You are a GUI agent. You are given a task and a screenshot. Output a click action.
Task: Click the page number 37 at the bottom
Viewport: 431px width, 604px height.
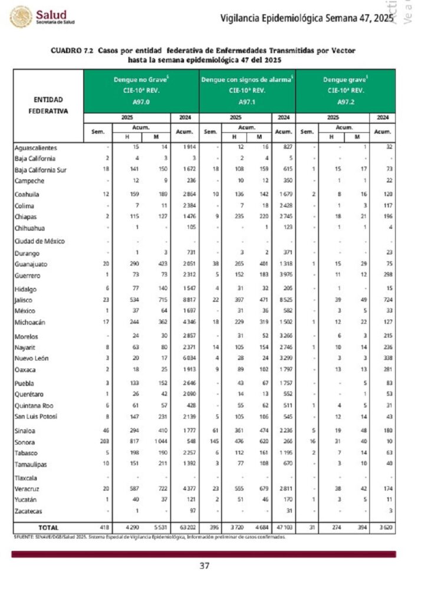[205, 566]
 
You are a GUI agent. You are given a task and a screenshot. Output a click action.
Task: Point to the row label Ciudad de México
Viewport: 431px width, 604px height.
[40, 241]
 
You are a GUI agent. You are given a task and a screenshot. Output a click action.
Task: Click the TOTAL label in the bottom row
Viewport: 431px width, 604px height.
[48, 527]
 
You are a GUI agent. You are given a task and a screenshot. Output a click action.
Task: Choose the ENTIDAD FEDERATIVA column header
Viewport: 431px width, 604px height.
[48, 105]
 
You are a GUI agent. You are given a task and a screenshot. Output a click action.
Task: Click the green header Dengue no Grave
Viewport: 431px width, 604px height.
[142, 79]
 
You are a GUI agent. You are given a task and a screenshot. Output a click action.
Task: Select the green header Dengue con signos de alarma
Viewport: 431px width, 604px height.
[247, 79]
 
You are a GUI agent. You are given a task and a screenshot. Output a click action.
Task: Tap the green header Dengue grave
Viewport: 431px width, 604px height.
[346, 79]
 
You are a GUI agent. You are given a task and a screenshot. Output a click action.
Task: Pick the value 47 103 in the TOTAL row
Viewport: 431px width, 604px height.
[285, 527]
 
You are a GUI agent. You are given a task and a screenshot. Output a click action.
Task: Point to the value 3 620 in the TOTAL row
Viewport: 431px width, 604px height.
[384, 527]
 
